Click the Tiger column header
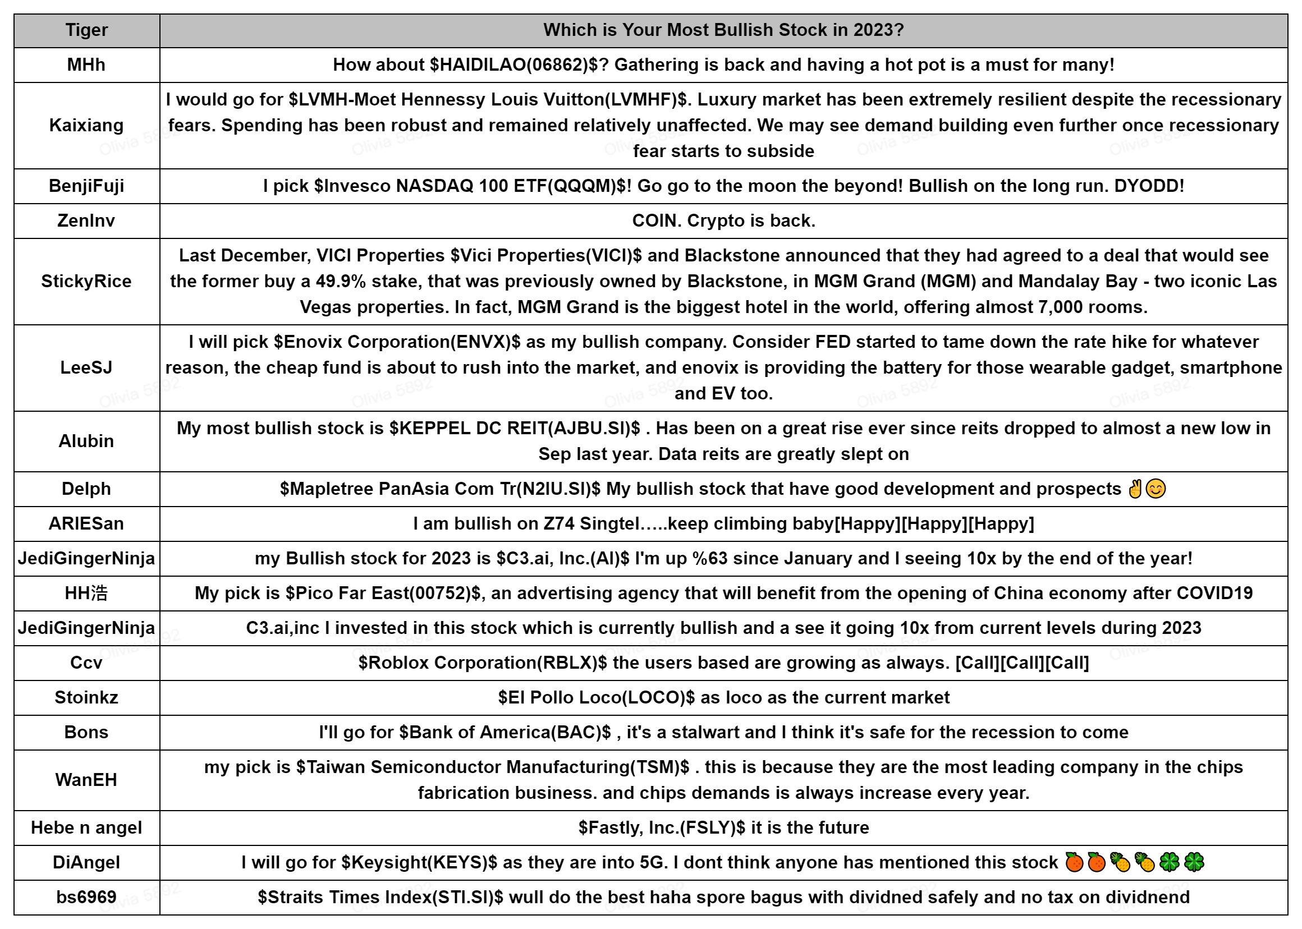pyautogui.click(x=86, y=30)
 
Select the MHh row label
pyautogui.click(x=86, y=65)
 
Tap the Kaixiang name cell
pyautogui.click(x=86, y=125)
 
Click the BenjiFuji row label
pyautogui.click(x=86, y=186)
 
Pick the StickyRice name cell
pyautogui.click(x=86, y=282)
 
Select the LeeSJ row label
pyautogui.click(x=86, y=367)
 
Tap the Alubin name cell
pyautogui.click(x=86, y=441)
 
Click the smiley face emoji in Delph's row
pyautogui.click(x=1156, y=489)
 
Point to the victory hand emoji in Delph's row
pyautogui.click(x=1134, y=489)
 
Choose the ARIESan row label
pyautogui.click(x=86, y=524)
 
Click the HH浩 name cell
pyautogui.click(x=86, y=593)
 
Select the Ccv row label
pyautogui.click(x=86, y=663)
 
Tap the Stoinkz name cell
pyautogui.click(x=86, y=698)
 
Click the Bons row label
pyautogui.click(x=86, y=733)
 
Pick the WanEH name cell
pyautogui.click(x=86, y=780)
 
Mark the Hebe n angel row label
pyautogui.click(x=86, y=828)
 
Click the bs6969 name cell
pyautogui.click(x=86, y=897)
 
